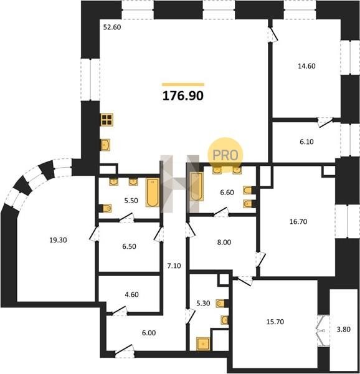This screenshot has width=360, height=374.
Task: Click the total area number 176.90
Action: pos(183,96)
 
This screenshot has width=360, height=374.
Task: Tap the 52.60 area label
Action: pos(112,27)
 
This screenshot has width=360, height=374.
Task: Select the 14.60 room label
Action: pos(306,66)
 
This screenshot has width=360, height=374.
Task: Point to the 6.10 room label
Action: pos(306,141)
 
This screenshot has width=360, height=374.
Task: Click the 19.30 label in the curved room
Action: pos(58,240)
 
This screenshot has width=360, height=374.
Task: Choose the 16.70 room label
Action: pos(298,221)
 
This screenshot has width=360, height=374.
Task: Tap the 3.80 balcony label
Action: pos(344,329)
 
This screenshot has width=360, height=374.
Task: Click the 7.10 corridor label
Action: pos(174,266)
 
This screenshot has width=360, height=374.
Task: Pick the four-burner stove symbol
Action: pos(107,120)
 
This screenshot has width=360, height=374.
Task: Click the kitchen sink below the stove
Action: pos(105,145)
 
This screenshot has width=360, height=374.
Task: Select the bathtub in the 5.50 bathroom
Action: pos(153,192)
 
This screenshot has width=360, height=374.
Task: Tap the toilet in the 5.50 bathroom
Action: pos(106,208)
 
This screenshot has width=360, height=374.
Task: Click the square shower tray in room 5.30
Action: pos(203,344)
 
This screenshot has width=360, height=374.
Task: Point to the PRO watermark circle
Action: pos(225,155)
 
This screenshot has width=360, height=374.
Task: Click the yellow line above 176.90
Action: pos(183,84)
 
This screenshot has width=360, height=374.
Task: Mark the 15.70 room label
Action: pos(275,322)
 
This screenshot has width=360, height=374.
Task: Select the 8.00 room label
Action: pos(224,242)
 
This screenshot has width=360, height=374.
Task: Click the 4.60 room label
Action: pos(132,295)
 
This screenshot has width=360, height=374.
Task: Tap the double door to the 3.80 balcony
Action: pos(323,330)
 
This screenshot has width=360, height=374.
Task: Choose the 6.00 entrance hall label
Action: pos(149,333)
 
